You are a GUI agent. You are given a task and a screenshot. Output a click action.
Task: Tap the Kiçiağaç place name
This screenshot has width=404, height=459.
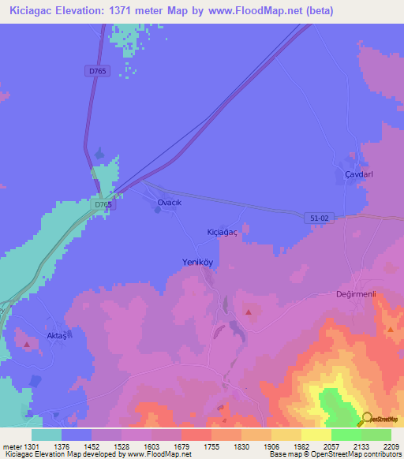tap(222, 232)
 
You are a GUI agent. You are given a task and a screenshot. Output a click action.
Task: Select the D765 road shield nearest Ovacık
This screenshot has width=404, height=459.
tap(103, 205)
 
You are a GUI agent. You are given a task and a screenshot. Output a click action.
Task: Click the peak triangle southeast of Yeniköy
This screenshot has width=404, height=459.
tap(249, 313)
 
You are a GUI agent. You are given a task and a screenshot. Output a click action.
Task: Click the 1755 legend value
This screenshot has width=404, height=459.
tap(211, 446)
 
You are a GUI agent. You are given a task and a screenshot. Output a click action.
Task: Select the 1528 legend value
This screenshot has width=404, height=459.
tap(121, 446)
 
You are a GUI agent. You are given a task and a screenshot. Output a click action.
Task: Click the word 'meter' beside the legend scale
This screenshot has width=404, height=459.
tap(10, 446)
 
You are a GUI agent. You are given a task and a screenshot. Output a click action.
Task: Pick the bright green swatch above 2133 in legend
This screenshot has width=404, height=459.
tap(346, 435)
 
